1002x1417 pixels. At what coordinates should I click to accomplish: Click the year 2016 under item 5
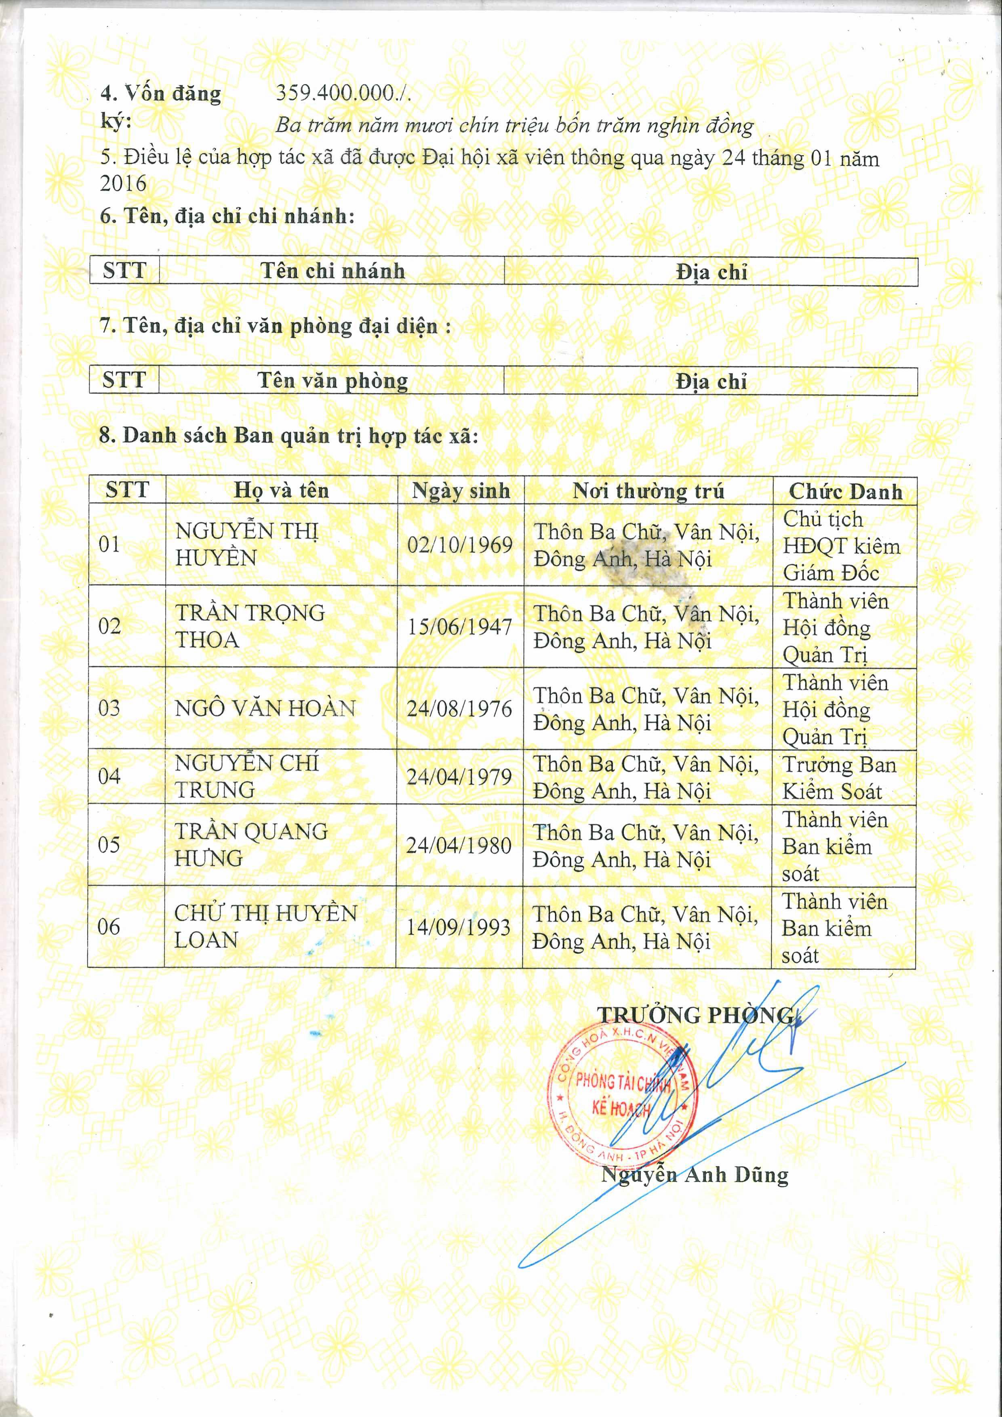pos(124,183)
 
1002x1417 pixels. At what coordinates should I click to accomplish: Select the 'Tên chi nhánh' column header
pos(332,271)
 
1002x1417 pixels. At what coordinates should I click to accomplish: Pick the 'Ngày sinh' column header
pos(461,491)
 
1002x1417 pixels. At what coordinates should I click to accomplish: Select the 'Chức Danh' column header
pos(844,491)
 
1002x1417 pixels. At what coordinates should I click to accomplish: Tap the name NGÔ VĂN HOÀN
pos(265,708)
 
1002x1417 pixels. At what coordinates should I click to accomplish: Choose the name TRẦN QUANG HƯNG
pos(250,845)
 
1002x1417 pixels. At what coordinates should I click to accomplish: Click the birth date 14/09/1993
pos(458,927)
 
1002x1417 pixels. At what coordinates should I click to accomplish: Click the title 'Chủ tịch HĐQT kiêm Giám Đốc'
pos(841,546)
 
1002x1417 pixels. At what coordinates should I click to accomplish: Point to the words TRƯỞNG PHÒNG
pos(695,1014)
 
